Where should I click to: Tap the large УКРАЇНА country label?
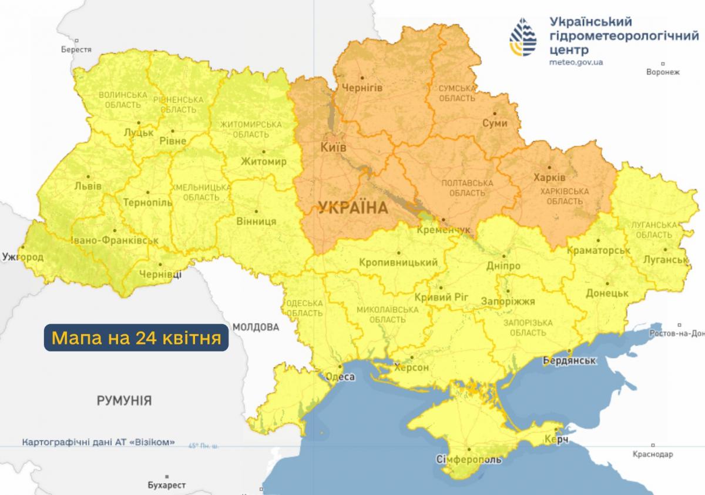tap(352, 208)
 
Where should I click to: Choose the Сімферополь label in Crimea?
tap(469, 459)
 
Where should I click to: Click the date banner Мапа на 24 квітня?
tap(136, 337)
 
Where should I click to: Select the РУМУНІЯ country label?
tap(125, 402)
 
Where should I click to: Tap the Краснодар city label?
tap(653, 454)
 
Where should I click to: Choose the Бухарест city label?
tap(167, 485)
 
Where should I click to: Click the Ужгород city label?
tap(22, 257)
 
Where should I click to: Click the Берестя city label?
tap(76, 50)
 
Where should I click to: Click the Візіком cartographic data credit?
tap(98, 443)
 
